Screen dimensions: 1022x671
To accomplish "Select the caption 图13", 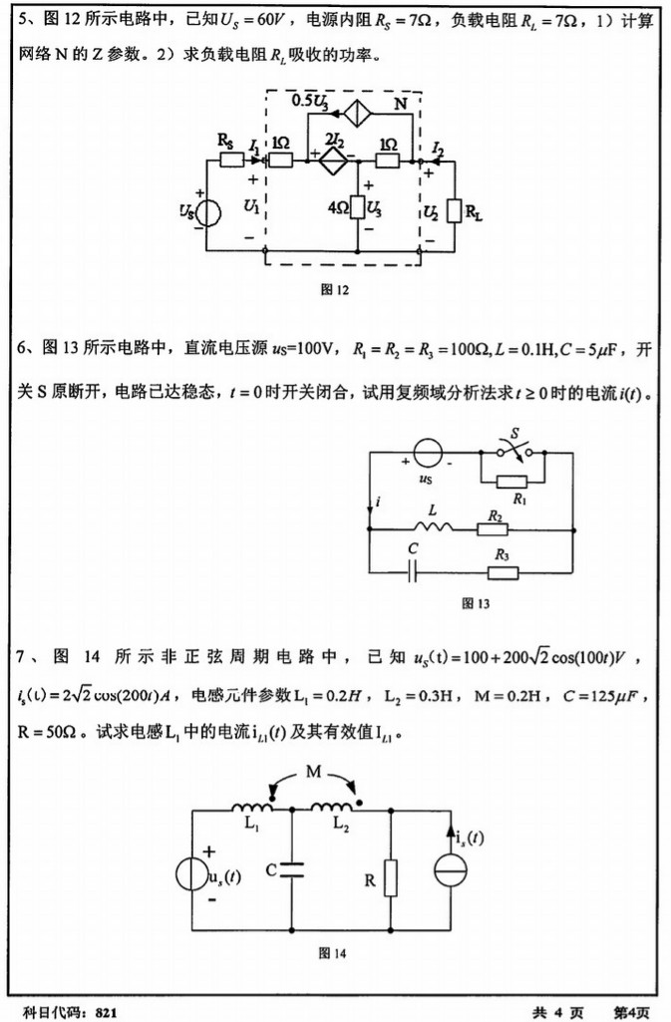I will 476,602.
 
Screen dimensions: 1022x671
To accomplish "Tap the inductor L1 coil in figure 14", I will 250,808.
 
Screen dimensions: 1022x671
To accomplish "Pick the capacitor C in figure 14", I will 292,868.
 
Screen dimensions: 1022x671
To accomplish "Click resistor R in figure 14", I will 390,877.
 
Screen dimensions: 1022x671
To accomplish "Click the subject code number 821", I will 108,1011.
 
